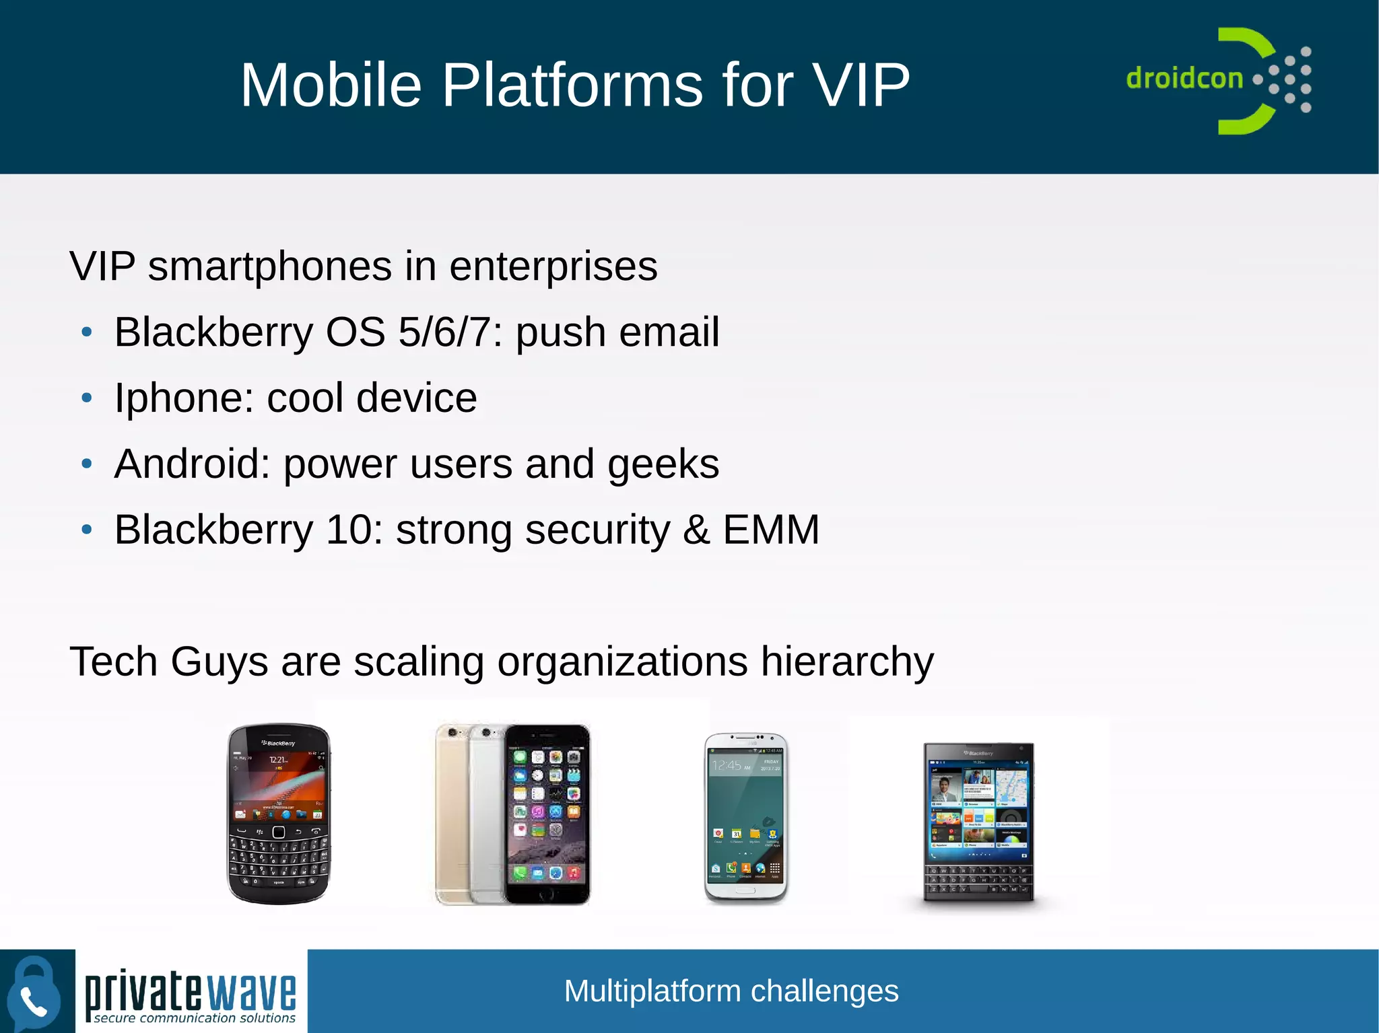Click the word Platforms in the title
pyautogui.click(x=572, y=85)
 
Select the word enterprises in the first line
pyautogui.click(x=553, y=266)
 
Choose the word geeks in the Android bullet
pyautogui.click(x=663, y=464)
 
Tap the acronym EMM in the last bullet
pyautogui.click(x=771, y=530)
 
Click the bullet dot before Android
pyautogui.click(x=86, y=464)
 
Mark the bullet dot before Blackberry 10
pyautogui.click(x=86, y=530)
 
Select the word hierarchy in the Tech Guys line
pyautogui.click(x=847, y=662)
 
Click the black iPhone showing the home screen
pyautogui.click(x=547, y=814)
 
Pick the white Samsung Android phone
pyautogui.click(x=746, y=817)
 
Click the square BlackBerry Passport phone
pyautogui.click(x=978, y=821)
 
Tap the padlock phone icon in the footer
pyautogui.click(x=34, y=992)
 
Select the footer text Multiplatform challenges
pyautogui.click(x=731, y=991)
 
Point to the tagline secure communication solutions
pyautogui.click(x=195, y=1018)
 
